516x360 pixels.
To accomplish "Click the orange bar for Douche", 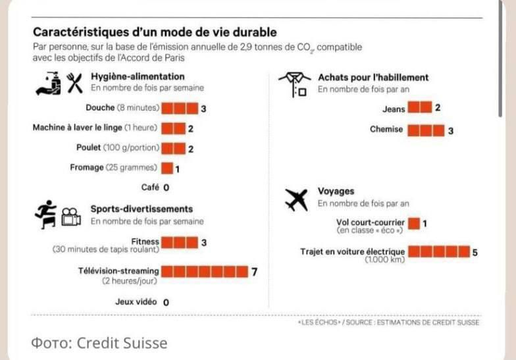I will (x=179, y=109).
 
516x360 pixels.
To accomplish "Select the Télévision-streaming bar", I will (x=204, y=271).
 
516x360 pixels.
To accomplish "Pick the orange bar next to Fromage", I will (x=167, y=168).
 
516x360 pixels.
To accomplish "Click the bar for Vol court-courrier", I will (x=414, y=223).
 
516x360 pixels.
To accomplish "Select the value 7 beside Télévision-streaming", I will (x=254, y=271).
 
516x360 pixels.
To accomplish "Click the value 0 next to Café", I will (x=167, y=188).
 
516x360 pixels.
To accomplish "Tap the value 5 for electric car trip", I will (x=475, y=252).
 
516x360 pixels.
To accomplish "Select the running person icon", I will (x=46, y=214).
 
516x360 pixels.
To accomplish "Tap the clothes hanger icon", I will (x=294, y=83).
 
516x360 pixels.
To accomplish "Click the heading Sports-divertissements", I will (x=142, y=209).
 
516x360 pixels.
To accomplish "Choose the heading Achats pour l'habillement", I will (x=373, y=77).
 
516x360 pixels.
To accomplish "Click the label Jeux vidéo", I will (x=136, y=302).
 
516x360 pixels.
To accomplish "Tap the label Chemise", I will (x=386, y=130).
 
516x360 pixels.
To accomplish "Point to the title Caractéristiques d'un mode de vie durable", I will (x=155, y=32).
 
